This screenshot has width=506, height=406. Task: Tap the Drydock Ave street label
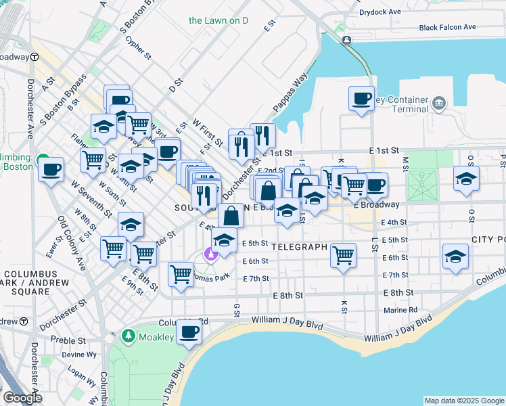click(380, 12)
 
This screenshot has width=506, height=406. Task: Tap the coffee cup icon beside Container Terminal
click(361, 99)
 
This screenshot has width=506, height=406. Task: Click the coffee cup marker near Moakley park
click(189, 332)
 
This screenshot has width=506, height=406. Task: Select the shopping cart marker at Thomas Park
click(181, 275)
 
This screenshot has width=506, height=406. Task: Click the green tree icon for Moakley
click(129, 336)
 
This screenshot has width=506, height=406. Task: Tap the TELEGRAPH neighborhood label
click(300, 247)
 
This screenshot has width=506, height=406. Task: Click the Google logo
click(22, 398)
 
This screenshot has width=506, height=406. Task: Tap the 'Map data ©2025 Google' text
click(463, 401)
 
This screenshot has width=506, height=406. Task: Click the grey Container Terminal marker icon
click(439, 104)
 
